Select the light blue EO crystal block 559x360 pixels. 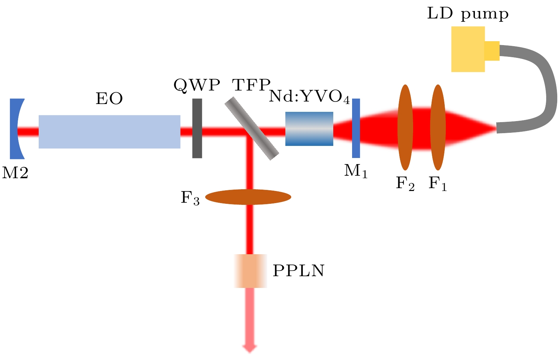tap(109, 131)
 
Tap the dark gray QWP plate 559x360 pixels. tap(197, 128)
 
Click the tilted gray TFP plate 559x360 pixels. tap(252, 129)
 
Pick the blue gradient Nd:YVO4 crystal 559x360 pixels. tap(309, 129)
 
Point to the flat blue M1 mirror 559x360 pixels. tap(356, 128)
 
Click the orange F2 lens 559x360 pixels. tap(405, 127)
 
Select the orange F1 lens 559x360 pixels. tap(438, 127)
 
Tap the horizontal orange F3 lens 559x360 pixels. tap(248, 197)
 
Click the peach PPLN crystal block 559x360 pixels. tap(250, 271)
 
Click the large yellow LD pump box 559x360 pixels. tap(468, 49)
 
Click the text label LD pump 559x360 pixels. tap(468, 14)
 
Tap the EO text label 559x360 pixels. tap(109, 99)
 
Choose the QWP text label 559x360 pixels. tap(197, 86)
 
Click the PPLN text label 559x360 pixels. tap(298, 271)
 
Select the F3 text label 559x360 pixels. tap(190, 198)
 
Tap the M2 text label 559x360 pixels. tap(15, 173)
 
